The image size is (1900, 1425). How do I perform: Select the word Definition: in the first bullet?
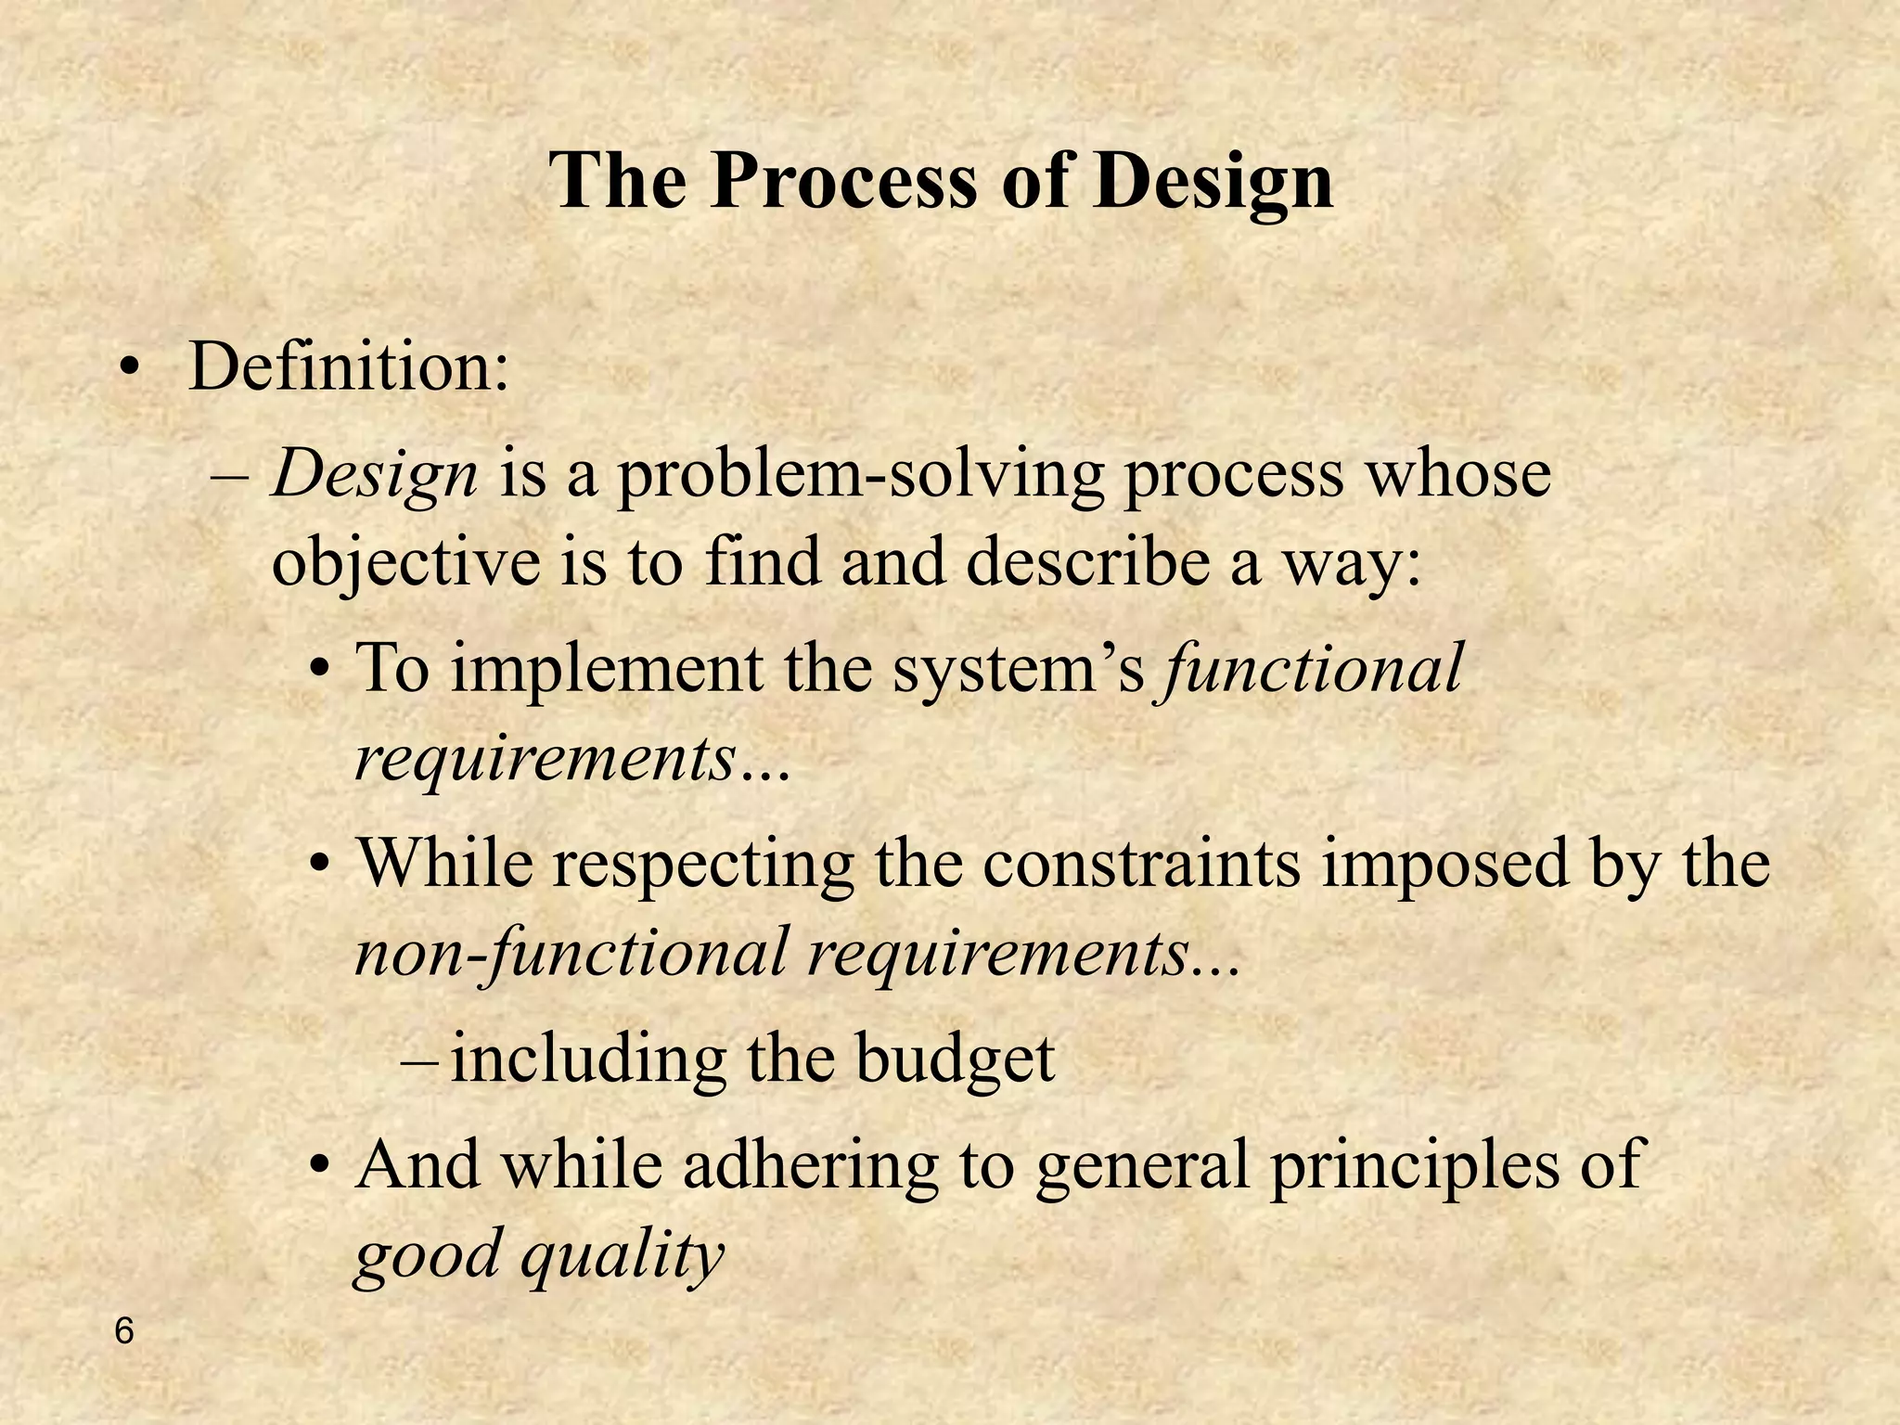click(x=349, y=366)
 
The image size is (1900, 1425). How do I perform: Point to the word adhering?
click(x=811, y=1167)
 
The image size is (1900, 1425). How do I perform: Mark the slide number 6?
click(x=123, y=1332)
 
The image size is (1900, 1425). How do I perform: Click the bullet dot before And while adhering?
click(x=320, y=1165)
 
